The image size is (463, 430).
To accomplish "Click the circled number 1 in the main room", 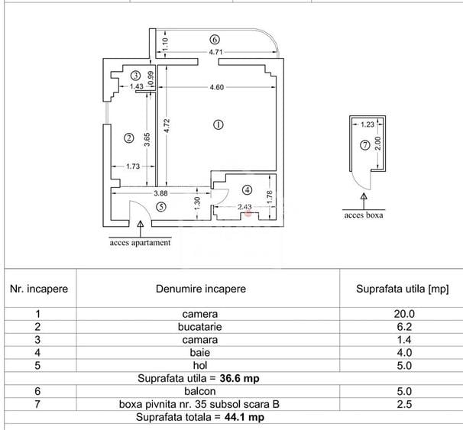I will [219, 124].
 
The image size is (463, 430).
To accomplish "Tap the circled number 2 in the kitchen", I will [128, 138].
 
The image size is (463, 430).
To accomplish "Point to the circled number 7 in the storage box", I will [365, 144].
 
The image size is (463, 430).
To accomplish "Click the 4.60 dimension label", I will [217, 87].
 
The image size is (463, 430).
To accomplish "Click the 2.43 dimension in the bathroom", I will [244, 207].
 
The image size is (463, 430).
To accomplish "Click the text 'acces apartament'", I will [141, 244].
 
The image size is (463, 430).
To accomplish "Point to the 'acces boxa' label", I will [364, 215].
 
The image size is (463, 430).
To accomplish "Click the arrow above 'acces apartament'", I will [141, 226].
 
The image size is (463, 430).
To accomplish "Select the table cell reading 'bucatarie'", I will [200, 326].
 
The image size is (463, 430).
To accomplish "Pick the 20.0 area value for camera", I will [403, 314].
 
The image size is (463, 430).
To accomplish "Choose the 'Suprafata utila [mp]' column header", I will [403, 289].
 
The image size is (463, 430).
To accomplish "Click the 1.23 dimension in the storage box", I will [367, 124].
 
